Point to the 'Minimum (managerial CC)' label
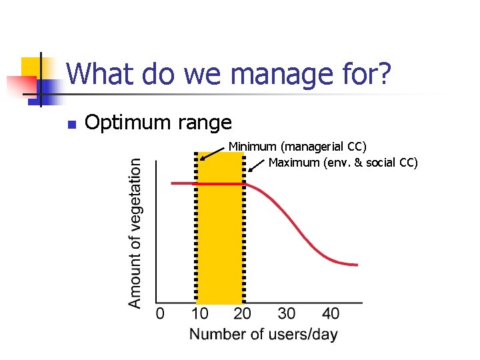pos(297,146)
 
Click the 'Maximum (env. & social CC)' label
pos(343,163)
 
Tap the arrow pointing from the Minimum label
pos(213,153)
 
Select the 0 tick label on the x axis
pos(160,314)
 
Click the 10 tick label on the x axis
pos(199,314)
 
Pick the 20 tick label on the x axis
pos(243,314)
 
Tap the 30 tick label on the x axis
pos(287,314)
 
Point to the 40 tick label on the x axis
pos(330,314)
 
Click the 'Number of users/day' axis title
pos(263,335)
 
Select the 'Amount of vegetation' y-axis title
pos(135,233)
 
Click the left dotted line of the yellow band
pos(196,227)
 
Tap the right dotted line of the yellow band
pos(245,227)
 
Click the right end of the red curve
pos(357,265)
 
